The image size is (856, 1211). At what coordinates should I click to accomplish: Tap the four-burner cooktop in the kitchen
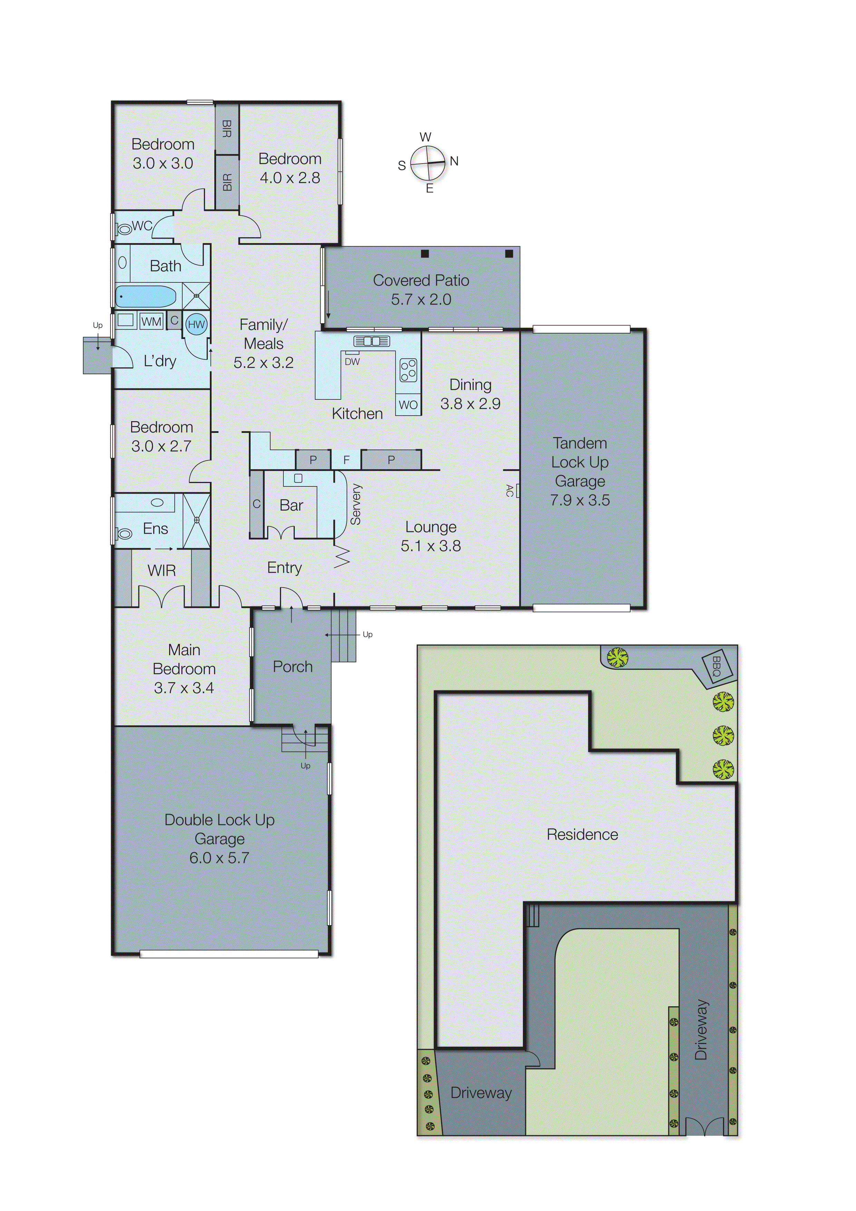pos(408,370)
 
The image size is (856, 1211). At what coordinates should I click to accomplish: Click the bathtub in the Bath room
pos(146,297)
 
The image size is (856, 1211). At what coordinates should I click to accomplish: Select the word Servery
pos(356,504)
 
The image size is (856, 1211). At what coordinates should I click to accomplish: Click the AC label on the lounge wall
pos(509,491)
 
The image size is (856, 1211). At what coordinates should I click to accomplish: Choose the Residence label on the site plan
pos(582,834)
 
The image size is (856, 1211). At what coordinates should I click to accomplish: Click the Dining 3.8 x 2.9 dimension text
pos(470,404)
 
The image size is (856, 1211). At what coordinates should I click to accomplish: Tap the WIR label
pos(162,571)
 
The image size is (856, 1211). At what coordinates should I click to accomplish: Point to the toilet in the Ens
pos(125,534)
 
